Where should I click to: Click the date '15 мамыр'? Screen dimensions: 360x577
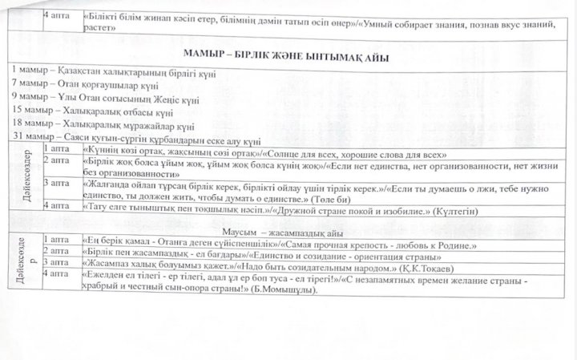[30, 118]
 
